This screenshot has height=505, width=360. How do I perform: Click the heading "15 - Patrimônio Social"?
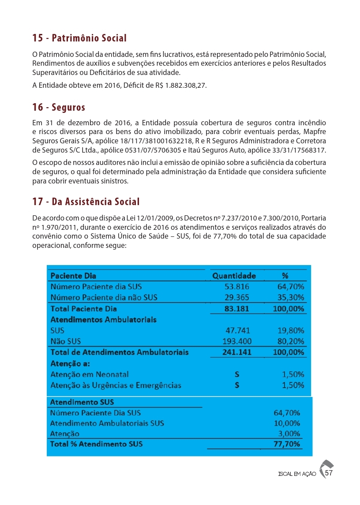(79, 38)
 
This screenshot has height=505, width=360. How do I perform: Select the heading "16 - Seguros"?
(59, 107)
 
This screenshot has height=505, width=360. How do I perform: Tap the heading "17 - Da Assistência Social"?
(86, 202)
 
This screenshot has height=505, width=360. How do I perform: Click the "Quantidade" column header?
(234, 276)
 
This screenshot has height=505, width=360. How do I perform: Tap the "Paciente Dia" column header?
(73, 276)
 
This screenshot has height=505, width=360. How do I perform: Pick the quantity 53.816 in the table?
(236, 287)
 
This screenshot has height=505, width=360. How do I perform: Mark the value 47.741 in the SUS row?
(236, 330)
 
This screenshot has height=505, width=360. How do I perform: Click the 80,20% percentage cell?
(289, 341)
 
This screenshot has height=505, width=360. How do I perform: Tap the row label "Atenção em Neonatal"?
(90, 374)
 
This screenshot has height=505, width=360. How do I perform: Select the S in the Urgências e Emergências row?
(237, 385)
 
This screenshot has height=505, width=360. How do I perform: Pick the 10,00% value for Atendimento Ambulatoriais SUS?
(287, 423)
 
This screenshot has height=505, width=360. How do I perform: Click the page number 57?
(329, 473)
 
